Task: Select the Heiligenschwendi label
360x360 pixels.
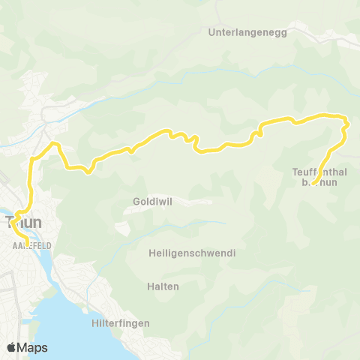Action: pyautogui.click(x=192, y=253)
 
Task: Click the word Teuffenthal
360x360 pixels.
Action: pyautogui.click(x=317, y=172)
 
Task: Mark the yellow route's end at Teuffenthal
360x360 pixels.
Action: pyautogui.click(x=312, y=184)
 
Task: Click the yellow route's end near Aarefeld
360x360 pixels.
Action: pyautogui.click(x=27, y=244)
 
